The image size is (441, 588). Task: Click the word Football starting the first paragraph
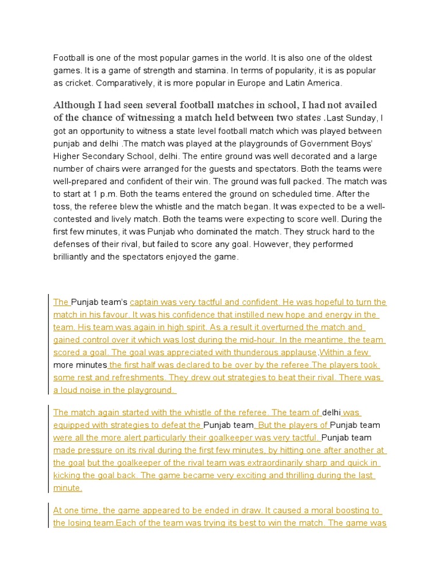pos(69,58)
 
